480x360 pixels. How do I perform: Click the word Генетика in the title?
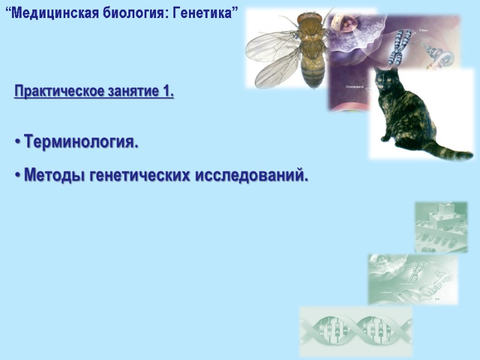(205, 13)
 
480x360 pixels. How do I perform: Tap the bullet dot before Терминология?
(18, 143)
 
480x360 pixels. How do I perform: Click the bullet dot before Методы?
(18, 176)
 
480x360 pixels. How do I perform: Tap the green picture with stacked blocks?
(441, 226)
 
